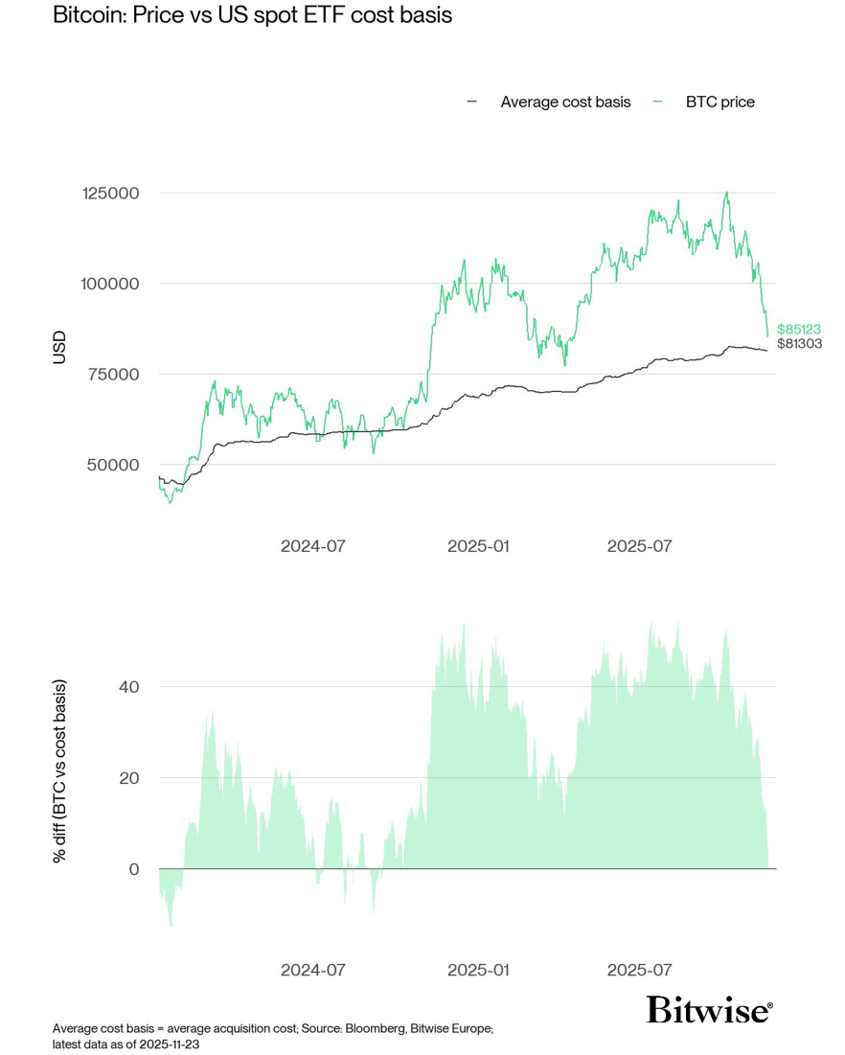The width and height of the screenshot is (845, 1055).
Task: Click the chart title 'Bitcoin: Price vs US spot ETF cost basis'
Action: (x=252, y=16)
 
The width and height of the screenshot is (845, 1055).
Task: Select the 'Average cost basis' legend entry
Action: (x=565, y=102)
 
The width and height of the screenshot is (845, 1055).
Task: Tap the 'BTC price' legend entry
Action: (x=719, y=102)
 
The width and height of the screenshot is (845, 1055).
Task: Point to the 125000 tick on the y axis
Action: (x=110, y=194)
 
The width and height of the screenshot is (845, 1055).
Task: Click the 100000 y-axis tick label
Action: (x=110, y=284)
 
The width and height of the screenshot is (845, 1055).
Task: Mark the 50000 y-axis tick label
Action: (x=114, y=465)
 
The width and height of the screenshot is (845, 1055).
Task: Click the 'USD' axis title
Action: (x=60, y=347)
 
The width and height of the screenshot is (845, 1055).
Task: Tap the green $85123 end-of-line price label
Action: (x=798, y=329)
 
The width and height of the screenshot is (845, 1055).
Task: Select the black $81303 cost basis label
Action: (x=798, y=344)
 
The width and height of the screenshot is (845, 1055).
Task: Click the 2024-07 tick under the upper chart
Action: (x=312, y=546)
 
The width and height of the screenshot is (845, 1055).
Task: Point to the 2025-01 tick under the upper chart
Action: (x=479, y=546)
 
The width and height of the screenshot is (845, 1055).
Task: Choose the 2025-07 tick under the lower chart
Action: (x=639, y=970)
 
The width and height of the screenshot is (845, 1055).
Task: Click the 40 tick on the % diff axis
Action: (x=129, y=687)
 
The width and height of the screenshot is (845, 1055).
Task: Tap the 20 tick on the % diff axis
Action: (x=129, y=778)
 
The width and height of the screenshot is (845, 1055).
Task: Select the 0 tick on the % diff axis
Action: (x=134, y=869)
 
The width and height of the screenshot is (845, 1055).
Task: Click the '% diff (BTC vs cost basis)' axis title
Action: (x=60, y=770)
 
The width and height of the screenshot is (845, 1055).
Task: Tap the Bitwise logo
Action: (x=709, y=1010)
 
